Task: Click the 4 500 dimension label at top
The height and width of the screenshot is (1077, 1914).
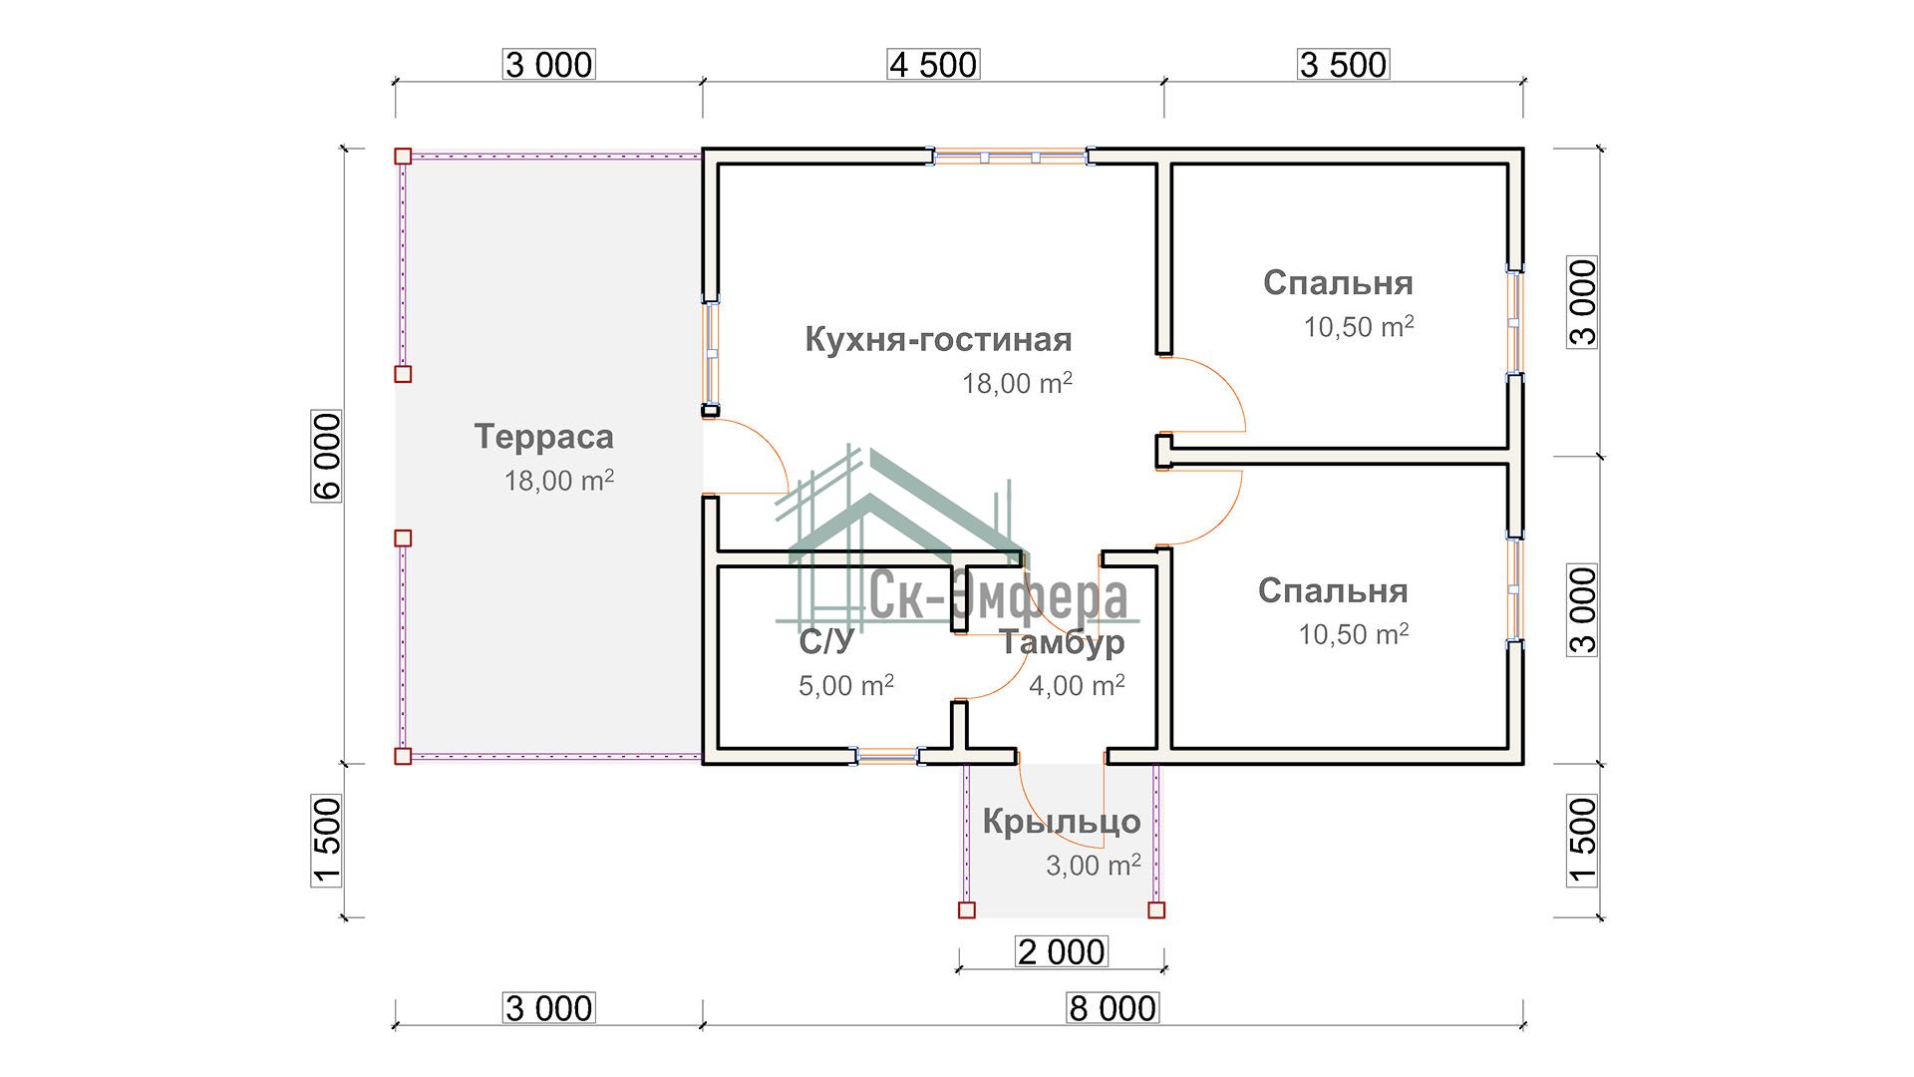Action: pyautogui.click(x=933, y=65)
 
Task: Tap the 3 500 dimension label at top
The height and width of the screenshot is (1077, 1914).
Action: pyautogui.click(x=1343, y=65)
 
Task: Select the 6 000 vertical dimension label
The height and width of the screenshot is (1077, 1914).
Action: pyautogui.click(x=327, y=456)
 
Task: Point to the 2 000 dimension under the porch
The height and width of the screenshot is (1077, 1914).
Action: pyautogui.click(x=1061, y=952)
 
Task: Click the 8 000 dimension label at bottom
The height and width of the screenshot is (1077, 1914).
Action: pyautogui.click(x=1113, y=1008)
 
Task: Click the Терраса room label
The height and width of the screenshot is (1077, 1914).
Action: pyautogui.click(x=543, y=437)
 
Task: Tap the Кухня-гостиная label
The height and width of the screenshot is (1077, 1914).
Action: pyautogui.click(x=938, y=340)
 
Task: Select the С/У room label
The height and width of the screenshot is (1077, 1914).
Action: pyautogui.click(x=826, y=643)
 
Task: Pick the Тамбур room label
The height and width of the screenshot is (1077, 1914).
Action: pyautogui.click(x=1063, y=643)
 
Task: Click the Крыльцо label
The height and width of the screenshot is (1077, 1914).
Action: pyautogui.click(x=1062, y=822)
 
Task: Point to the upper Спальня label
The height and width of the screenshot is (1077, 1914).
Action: pyautogui.click(x=1338, y=283)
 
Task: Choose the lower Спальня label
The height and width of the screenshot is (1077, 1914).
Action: pyautogui.click(x=1333, y=591)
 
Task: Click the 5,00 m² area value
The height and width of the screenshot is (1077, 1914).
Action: pyautogui.click(x=845, y=686)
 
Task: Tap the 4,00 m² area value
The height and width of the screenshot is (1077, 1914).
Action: pyautogui.click(x=1077, y=686)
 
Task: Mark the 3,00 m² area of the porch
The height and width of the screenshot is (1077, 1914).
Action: pyautogui.click(x=1093, y=866)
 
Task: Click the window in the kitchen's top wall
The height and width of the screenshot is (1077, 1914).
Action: pyautogui.click(x=1010, y=157)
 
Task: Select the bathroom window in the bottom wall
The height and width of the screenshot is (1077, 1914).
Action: pyautogui.click(x=887, y=757)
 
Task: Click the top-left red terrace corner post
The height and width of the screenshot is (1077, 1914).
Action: pyautogui.click(x=403, y=157)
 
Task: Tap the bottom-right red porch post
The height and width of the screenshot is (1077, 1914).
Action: pyautogui.click(x=1156, y=909)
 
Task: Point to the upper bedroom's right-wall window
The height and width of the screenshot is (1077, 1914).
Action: pyautogui.click(x=1514, y=322)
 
